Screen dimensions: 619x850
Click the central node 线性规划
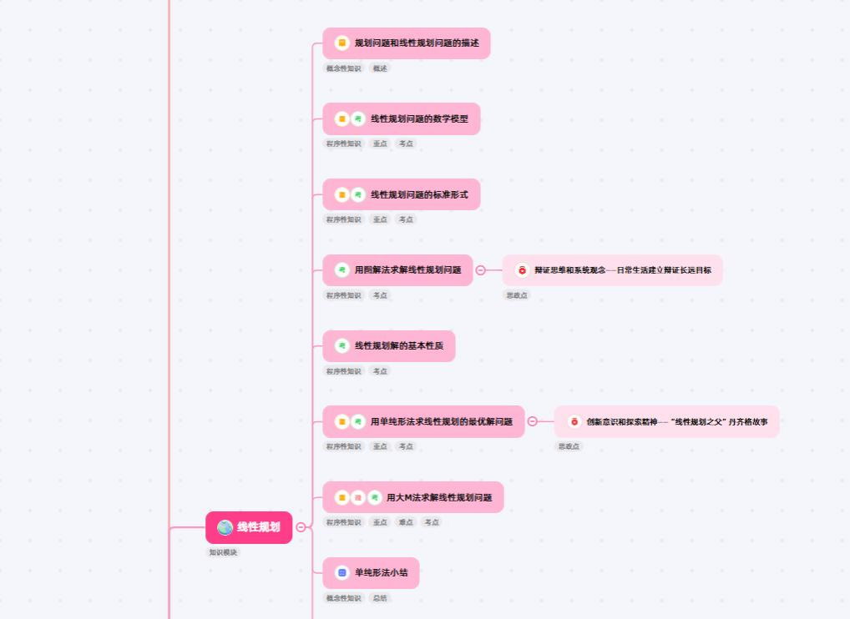click(x=257, y=527)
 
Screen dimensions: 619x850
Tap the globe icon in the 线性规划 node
click(x=225, y=527)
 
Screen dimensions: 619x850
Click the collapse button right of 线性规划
click(x=301, y=527)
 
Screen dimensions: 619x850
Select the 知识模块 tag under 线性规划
click(x=223, y=552)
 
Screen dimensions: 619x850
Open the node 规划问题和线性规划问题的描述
click(x=416, y=43)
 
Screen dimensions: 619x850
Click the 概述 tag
click(x=380, y=68)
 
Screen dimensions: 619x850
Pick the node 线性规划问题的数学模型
click(x=418, y=118)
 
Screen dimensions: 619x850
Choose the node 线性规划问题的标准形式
click(x=418, y=194)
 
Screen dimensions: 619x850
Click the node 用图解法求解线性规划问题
click(x=407, y=270)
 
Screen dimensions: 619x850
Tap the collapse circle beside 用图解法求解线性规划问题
click(x=480, y=270)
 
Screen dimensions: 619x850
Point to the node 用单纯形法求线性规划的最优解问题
click(x=441, y=422)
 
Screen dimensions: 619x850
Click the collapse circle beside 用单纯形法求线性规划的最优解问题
click(x=532, y=422)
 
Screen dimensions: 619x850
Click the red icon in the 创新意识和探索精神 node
click(x=574, y=422)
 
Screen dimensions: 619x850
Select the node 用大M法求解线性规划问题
click(x=438, y=497)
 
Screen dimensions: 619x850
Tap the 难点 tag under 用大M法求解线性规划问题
click(x=405, y=522)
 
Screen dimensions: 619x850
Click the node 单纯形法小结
click(x=382, y=573)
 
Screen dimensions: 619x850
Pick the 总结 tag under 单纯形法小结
click(x=380, y=598)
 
